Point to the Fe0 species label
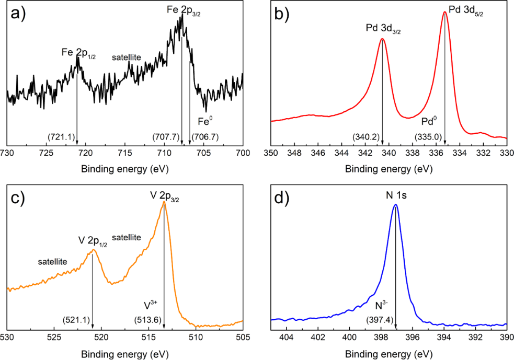click(x=204, y=122)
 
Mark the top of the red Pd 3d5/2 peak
click(x=445, y=13)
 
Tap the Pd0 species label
click(x=430, y=122)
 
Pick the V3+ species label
click(x=151, y=304)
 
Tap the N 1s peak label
click(x=396, y=195)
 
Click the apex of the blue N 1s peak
click(x=396, y=204)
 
